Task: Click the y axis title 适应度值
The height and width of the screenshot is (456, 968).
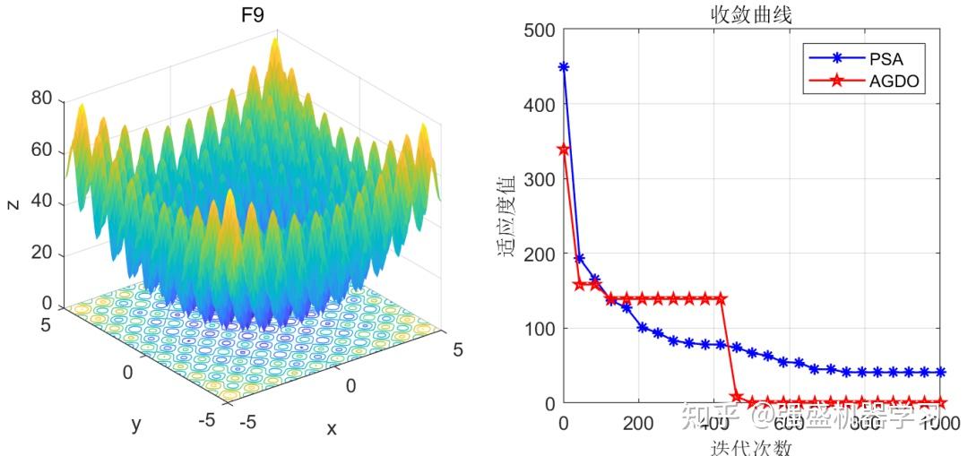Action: (507, 216)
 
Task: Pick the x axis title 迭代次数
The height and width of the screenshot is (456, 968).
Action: (751, 445)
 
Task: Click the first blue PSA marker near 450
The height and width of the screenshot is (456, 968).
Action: (564, 67)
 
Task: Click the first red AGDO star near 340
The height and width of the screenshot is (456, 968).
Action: (564, 150)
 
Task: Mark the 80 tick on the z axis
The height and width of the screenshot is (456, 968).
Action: (41, 99)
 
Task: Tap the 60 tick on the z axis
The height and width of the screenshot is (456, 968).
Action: (41, 150)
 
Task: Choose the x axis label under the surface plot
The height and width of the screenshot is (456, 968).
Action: (332, 428)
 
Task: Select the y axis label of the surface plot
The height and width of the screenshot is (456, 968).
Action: (136, 424)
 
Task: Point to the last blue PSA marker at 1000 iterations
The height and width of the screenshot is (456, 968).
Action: (939, 372)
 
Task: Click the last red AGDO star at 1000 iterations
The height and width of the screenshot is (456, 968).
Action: (939, 402)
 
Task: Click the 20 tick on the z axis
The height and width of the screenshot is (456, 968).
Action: (41, 254)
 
